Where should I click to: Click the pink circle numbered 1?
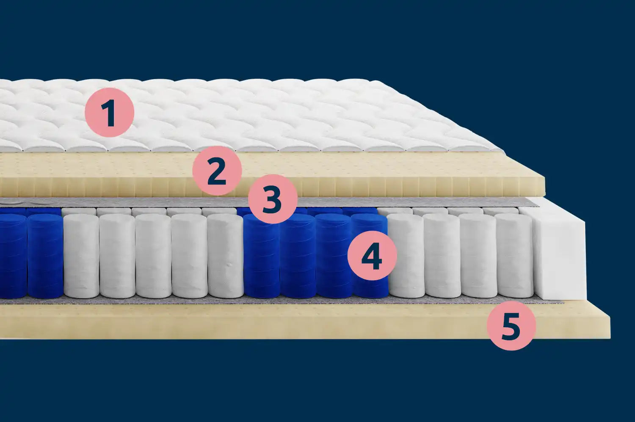click(x=109, y=113)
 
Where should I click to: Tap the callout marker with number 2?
click(x=217, y=171)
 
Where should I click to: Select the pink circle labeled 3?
click(x=273, y=199)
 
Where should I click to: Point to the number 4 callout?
click(x=372, y=255)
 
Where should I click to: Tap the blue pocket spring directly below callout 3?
click(x=261, y=257)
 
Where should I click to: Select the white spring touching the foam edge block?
click(x=515, y=255)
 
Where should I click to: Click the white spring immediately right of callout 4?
click(x=406, y=255)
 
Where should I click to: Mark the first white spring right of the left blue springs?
click(x=81, y=256)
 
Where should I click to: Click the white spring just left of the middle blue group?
click(x=225, y=256)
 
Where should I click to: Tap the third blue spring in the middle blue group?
click(x=333, y=256)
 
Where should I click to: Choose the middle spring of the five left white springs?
click(x=153, y=256)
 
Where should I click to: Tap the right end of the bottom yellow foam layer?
click(x=610, y=326)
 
